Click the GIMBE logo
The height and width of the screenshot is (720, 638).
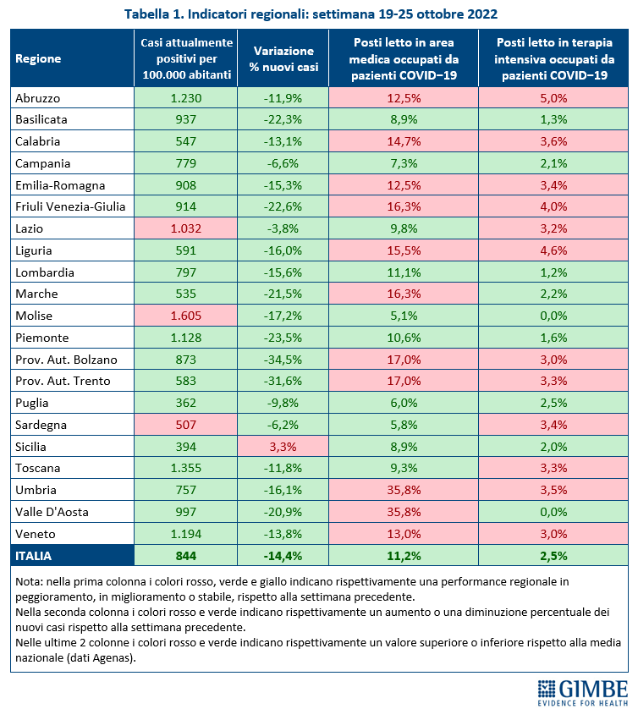pos(583,693)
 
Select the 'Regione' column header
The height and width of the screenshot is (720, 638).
pos(38,58)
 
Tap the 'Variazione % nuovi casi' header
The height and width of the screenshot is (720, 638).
pos(283,58)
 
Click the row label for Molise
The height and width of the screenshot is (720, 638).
pos(34,316)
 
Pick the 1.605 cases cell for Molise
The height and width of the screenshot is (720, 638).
pos(186,316)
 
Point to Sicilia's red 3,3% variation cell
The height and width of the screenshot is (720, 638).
pos(283,447)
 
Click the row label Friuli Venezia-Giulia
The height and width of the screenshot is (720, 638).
pos(70,206)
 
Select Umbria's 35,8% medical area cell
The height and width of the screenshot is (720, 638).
pos(404,490)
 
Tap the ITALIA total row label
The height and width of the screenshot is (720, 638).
pos(34,556)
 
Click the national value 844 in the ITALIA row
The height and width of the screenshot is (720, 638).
pos(186,556)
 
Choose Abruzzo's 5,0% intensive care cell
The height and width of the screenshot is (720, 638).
pos(553,98)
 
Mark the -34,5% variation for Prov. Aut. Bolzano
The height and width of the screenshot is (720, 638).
pos(283,360)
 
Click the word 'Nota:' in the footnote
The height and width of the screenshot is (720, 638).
pos(30,582)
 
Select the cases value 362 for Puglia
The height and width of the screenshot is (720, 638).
pos(186,404)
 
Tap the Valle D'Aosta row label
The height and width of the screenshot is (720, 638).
pos(52,512)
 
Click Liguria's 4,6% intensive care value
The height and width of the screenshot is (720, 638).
pos(553,250)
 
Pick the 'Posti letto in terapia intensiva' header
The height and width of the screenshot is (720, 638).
pos(554,58)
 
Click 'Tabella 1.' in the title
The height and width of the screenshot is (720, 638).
pos(153,14)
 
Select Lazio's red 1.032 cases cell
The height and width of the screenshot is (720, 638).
pos(186,228)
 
